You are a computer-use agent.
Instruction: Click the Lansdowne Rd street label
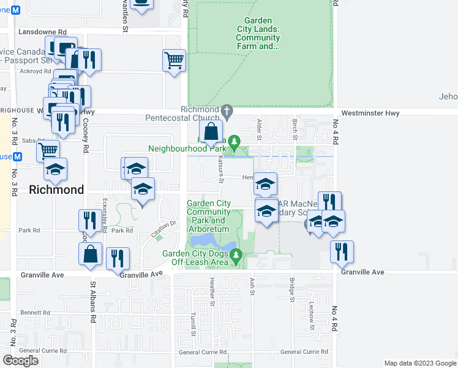pos(42,31)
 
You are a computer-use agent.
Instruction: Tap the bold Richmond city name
pos(56,190)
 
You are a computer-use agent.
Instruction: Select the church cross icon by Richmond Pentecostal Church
pos(227,111)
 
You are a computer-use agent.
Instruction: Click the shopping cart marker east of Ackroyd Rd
pos(174,61)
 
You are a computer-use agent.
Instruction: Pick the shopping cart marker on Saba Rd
pos(48,150)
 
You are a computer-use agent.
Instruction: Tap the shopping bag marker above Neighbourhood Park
pos(211,131)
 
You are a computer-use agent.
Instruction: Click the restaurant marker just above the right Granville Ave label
pos(341,250)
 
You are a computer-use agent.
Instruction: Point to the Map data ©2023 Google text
pos(419,363)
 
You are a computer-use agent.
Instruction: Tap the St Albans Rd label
pos(93,302)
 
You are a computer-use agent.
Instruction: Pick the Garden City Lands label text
pos(258,33)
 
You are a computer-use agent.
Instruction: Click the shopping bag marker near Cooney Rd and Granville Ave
pos(90,255)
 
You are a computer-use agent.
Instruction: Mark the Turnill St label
pos(192,323)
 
